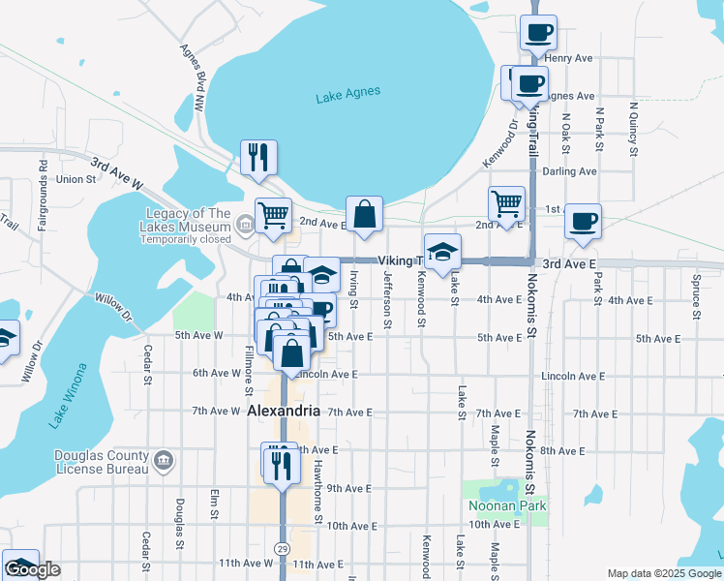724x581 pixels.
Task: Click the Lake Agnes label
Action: pos(347,94)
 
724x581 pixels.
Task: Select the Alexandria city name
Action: pos(284,412)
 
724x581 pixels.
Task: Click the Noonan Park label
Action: pos(507,505)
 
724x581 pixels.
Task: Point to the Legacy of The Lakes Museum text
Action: pos(189,226)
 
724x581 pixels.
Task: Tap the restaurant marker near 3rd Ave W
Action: pos(258,157)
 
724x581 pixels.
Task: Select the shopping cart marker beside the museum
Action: pos(274,215)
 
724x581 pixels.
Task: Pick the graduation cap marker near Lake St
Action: pos(441,252)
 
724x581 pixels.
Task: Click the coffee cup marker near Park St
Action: pos(583,220)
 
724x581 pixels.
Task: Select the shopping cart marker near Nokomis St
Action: pos(506,203)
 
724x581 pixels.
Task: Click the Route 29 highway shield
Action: pos(282,549)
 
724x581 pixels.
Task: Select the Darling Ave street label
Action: pos(569,171)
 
